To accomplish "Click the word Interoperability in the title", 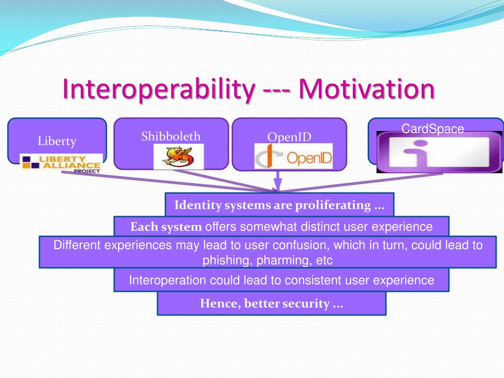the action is (159, 90).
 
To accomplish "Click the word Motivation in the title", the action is (367, 89).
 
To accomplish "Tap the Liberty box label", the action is (57, 141).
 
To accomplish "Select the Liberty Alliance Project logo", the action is (62, 163).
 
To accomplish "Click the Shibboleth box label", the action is (171, 136).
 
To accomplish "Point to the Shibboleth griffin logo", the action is (179, 157).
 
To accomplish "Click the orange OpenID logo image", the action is (293, 156).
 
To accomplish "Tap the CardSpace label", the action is (433, 129).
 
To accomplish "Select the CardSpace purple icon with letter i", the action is (440, 152).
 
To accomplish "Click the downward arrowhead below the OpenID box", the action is (278, 185).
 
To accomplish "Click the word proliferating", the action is (333, 205).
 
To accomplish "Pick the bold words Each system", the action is (166, 227).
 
